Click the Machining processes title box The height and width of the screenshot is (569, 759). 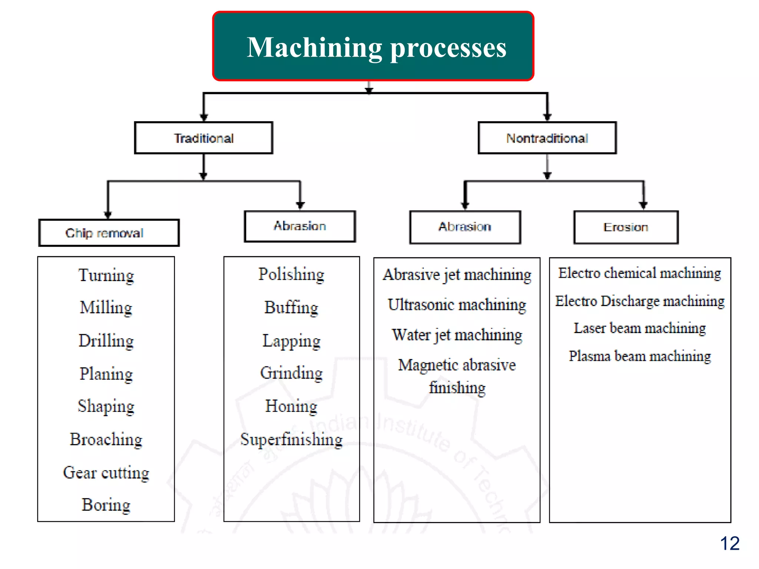(x=373, y=46)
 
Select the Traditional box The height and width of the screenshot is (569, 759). (x=203, y=138)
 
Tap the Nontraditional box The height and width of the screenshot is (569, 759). (x=547, y=138)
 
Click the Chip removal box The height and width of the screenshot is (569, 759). (x=109, y=233)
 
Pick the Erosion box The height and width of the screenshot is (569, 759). (x=626, y=227)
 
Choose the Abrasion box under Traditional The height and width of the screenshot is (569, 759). (x=300, y=226)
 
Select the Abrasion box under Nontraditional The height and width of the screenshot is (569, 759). (x=465, y=227)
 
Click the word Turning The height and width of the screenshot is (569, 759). (x=106, y=276)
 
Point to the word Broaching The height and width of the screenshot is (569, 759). (x=106, y=440)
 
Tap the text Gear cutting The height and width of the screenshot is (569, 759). (x=106, y=473)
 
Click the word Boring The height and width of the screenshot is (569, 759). (x=106, y=505)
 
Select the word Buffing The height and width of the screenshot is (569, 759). (x=291, y=307)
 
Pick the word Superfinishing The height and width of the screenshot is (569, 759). (x=291, y=440)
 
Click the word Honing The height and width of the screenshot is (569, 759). (x=291, y=406)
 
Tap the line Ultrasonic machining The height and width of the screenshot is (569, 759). (x=457, y=305)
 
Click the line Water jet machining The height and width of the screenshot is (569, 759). (x=457, y=335)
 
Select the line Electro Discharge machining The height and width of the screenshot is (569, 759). (x=640, y=301)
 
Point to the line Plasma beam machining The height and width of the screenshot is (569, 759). (x=640, y=356)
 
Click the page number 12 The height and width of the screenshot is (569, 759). (x=729, y=543)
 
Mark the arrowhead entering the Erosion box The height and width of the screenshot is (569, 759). (x=643, y=205)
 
